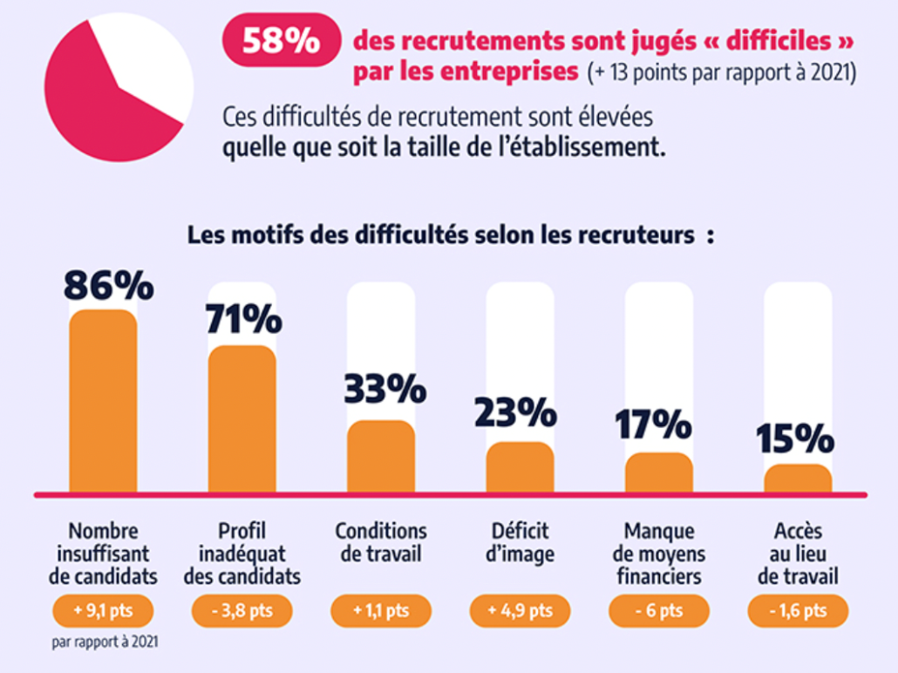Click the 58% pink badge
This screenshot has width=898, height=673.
click(x=281, y=42)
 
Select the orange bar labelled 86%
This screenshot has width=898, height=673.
click(x=103, y=401)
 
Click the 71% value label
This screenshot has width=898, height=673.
click(x=243, y=319)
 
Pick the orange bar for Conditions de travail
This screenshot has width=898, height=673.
click(x=381, y=457)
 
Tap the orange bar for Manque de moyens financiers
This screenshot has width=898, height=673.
click(x=659, y=472)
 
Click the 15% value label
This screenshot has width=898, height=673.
click(x=795, y=438)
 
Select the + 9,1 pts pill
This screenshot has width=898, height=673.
click(x=103, y=610)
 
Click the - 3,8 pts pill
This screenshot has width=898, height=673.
click(x=242, y=610)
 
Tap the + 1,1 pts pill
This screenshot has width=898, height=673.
click(x=380, y=610)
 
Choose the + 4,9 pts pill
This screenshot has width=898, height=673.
click(x=520, y=610)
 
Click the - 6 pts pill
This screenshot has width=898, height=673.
click(x=658, y=610)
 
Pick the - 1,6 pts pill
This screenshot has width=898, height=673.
click(x=798, y=610)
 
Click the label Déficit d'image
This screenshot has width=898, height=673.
click(x=520, y=542)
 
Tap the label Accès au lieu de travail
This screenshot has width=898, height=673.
click(x=798, y=554)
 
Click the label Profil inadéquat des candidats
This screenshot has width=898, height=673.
click(x=242, y=554)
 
